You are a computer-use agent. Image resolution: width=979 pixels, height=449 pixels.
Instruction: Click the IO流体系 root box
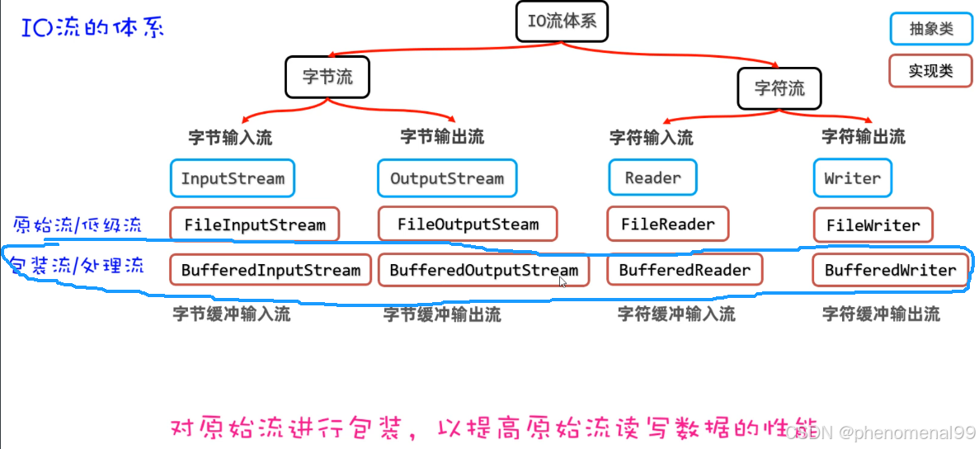(x=562, y=21)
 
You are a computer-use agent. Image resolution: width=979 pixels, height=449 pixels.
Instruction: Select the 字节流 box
(x=327, y=78)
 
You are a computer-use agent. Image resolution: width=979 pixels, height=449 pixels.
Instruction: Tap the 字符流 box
(x=779, y=87)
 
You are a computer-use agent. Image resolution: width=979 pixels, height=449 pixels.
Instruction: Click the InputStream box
(x=233, y=178)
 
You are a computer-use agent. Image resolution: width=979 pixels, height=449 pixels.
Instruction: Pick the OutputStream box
(x=447, y=178)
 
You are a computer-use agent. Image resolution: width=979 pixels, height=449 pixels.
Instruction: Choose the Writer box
(x=852, y=178)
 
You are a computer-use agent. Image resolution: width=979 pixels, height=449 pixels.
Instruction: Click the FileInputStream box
(x=255, y=224)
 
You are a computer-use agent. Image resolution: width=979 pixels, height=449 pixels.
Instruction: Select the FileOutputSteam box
(x=468, y=224)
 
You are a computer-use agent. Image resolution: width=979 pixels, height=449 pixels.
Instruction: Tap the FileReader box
(x=668, y=224)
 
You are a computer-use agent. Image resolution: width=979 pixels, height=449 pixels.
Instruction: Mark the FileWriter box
(x=873, y=225)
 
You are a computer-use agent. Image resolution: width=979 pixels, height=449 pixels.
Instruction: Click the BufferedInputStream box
(x=271, y=270)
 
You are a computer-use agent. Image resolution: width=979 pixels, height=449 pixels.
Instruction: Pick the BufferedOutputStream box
(x=483, y=270)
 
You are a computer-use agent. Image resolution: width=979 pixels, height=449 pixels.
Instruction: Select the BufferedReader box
(x=685, y=270)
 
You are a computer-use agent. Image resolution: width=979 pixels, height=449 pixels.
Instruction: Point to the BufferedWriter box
(x=890, y=270)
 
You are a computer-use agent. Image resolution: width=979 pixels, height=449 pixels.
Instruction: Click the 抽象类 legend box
(x=931, y=29)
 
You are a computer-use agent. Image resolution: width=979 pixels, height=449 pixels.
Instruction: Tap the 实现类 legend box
(x=931, y=71)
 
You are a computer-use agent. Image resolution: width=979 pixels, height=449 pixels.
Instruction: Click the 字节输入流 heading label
(x=230, y=137)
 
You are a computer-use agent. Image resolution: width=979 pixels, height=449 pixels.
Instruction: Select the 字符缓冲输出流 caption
(x=881, y=314)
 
